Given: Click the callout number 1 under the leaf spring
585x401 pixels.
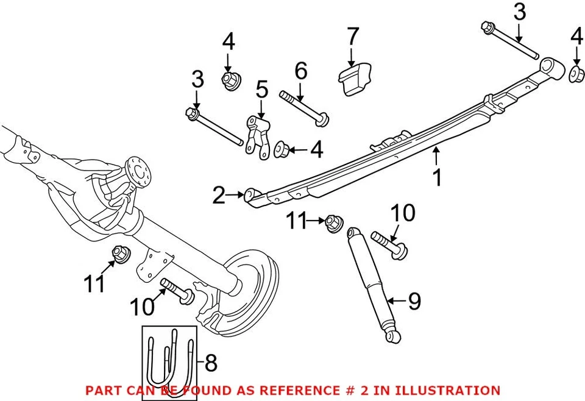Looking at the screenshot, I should (437, 177).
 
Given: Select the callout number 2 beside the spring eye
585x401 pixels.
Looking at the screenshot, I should (219, 196).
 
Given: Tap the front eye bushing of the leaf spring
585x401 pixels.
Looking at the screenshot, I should (250, 196).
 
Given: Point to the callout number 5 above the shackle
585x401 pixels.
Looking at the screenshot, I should (261, 90).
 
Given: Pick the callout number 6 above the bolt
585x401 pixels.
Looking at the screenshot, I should (300, 71).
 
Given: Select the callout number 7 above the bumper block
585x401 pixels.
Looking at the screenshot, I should (353, 37).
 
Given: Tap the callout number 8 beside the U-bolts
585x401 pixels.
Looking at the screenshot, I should (210, 364).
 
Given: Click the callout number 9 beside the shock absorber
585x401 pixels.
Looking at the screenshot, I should (414, 301).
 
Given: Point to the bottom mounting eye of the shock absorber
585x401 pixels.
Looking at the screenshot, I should (394, 335).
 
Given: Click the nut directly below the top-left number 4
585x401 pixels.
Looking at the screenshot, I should (229, 80).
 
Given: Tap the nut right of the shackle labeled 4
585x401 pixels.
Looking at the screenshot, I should (282, 149).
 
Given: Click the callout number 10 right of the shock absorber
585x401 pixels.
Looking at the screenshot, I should (403, 213).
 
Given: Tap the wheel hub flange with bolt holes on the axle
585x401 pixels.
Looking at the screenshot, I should (137, 172).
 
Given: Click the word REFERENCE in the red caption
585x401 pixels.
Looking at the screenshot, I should (329, 390).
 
